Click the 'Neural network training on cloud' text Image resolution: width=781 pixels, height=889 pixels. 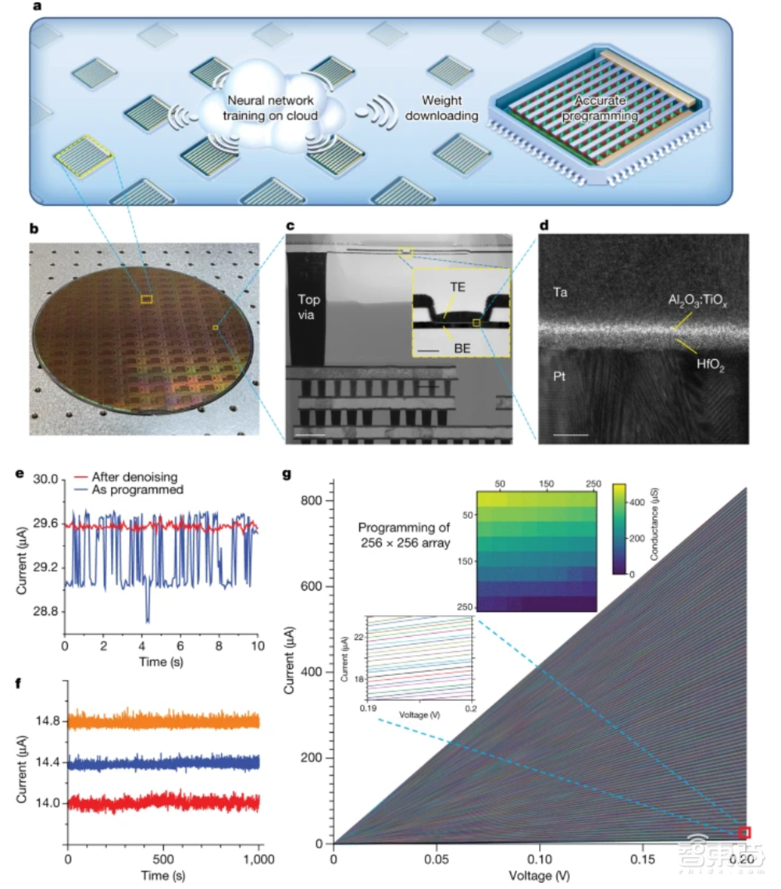(x=270, y=108)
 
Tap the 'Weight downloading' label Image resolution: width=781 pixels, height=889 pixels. (x=449, y=108)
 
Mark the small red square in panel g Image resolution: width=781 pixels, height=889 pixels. (x=744, y=832)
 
